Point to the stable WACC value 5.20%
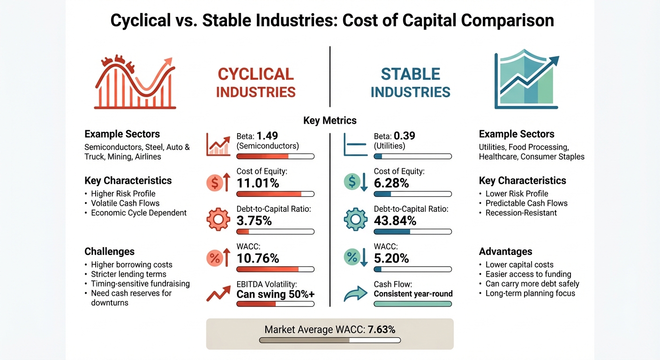click(391, 258)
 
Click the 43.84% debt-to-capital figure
click(395, 220)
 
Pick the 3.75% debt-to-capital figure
click(255, 220)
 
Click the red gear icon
click(218, 219)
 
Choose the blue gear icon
click(355, 219)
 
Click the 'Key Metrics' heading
click(330, 120)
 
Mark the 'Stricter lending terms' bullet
click(128, 274)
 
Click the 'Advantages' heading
click(505, 252)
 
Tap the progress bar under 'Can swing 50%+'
click(275, 304)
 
